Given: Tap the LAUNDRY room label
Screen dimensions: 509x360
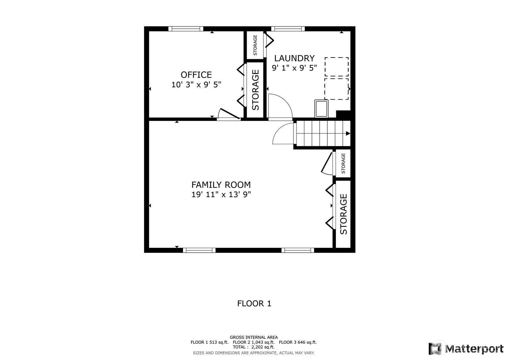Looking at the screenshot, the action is [x=294, y=58].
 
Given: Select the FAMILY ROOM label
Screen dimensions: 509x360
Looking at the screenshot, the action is [x=221, y=185].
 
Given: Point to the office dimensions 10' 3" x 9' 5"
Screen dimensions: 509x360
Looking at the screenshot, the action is [x=196, y=85].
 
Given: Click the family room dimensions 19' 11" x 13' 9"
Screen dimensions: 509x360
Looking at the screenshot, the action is [x=221, y=195].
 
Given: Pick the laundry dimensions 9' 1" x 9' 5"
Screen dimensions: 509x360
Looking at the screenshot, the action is [x=294, y=68].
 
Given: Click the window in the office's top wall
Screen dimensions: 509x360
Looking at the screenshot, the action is [x=186, y=29].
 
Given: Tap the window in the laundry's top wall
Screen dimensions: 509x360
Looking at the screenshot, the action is [x=288, y=29].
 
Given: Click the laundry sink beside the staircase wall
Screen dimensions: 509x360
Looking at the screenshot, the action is [x=321, y=109].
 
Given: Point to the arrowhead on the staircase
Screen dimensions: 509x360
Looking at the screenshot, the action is [x=348, y=134].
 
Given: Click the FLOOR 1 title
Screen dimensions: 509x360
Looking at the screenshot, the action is [x=254, y=304].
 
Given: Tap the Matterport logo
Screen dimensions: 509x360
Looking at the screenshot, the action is [x=466, y=349].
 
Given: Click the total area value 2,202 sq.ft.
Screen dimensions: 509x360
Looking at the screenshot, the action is [x=263, y=347].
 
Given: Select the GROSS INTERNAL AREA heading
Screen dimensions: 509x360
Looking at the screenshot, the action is [x=254, y=337].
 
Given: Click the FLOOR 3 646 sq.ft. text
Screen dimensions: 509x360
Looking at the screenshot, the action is [x=298, y=342].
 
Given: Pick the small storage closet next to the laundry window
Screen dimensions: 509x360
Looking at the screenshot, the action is [x=255, y=45].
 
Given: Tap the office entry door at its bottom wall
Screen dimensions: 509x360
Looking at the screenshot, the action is [x=229, y=114].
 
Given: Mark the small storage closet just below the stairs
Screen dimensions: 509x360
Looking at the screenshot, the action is [x=343, y=163].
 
